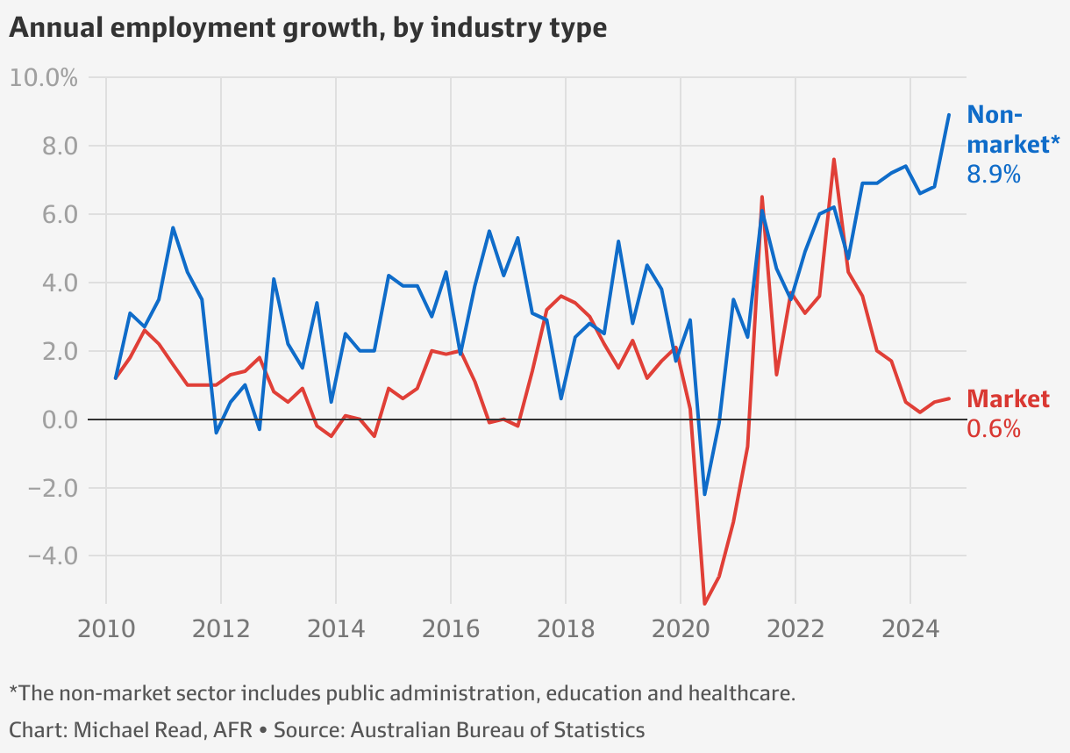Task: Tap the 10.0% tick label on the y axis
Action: point(44,78)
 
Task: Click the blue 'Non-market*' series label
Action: point(1013,129)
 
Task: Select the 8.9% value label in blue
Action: point(993,175)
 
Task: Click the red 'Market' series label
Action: point(1008,399)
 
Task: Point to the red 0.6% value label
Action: point(993,429)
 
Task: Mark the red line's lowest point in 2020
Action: point(704,603)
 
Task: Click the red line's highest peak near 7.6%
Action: point(833,160)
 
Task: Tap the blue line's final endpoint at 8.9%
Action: point(949,115)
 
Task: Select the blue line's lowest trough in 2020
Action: point(704,494)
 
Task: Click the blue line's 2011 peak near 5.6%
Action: point(173,228)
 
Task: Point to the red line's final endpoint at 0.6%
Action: point(949,398)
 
